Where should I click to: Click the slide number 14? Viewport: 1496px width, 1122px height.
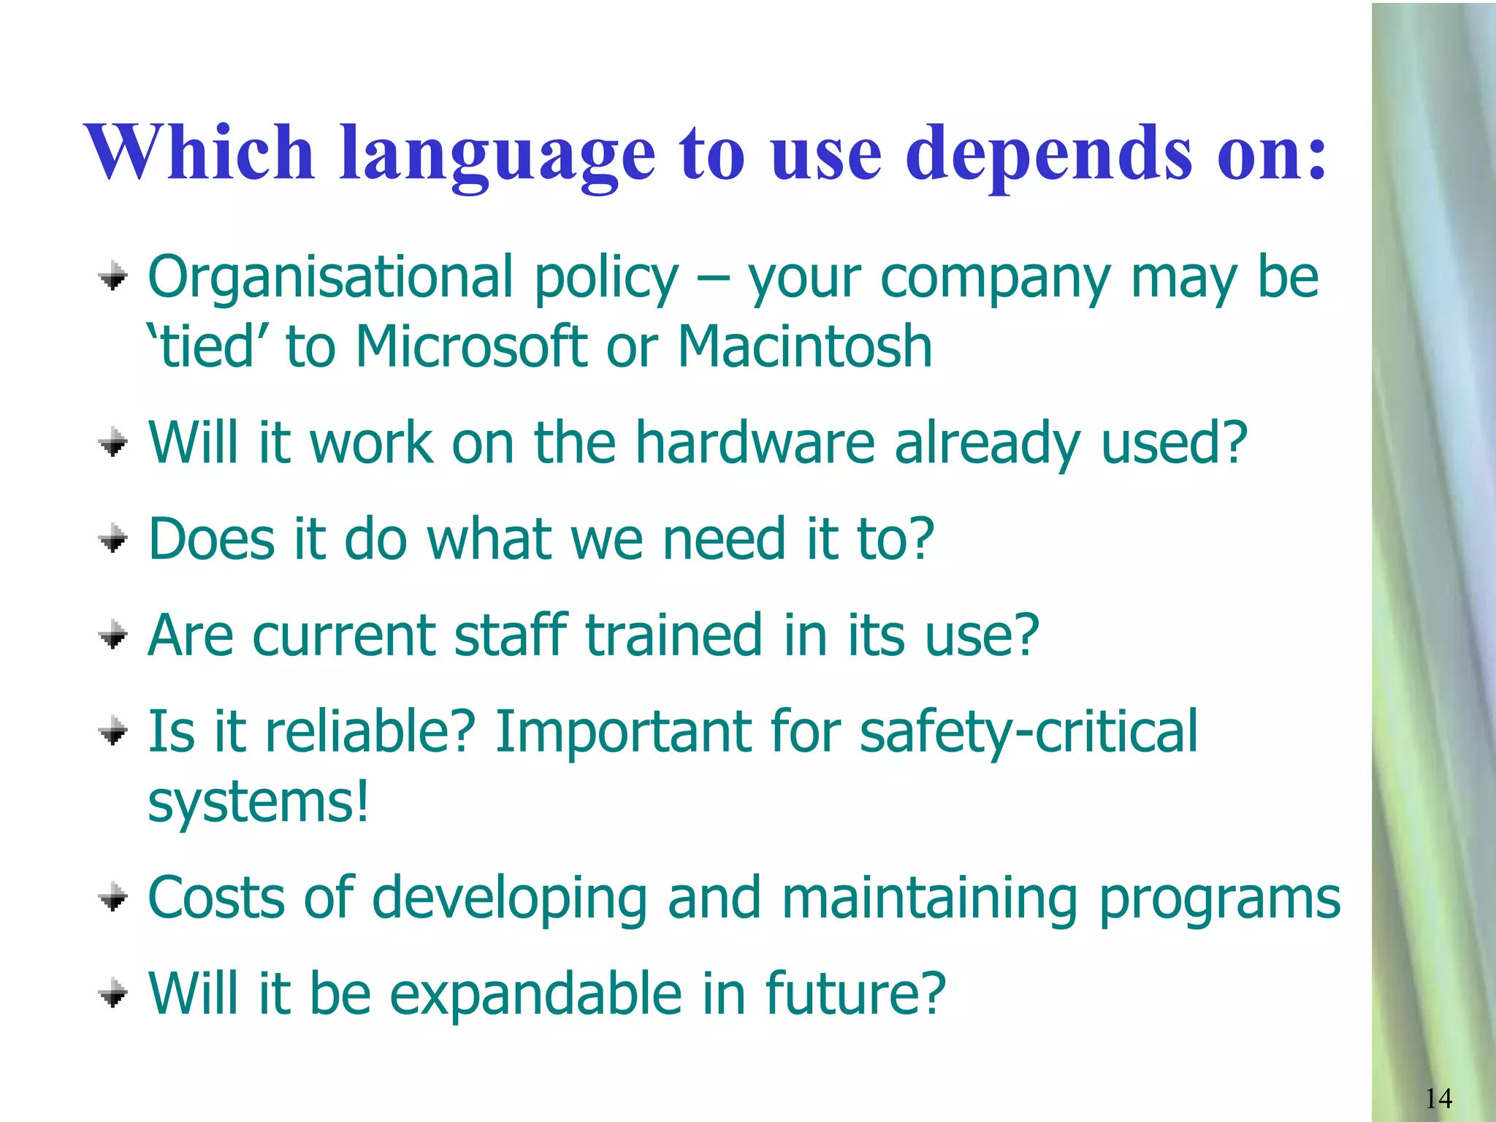pos(1438,1098)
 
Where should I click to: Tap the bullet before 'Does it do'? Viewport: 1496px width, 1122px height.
pos(113,541)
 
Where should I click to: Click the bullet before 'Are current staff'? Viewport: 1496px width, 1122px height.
pos(113,636)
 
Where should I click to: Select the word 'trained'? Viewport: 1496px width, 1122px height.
pos(674,636)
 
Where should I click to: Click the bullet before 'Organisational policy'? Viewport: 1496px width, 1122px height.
pos(113,278)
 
